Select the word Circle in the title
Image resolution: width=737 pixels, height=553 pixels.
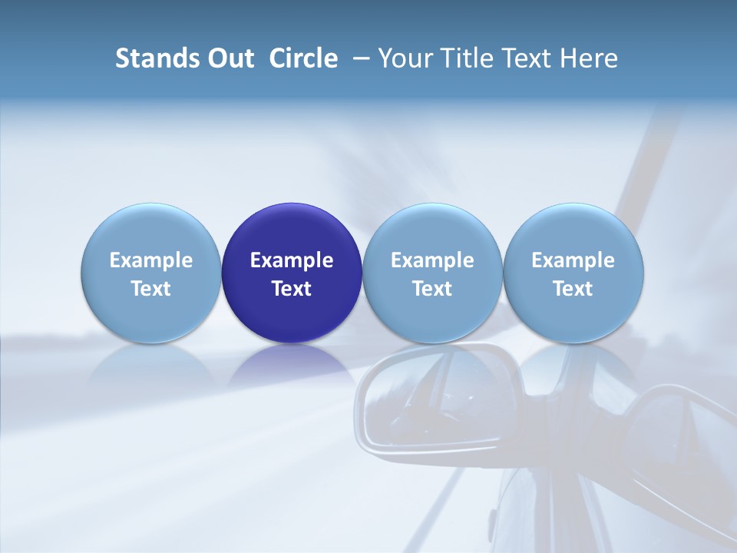pyautogui.click(x=303, y=58)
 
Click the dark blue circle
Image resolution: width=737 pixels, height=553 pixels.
pyautogui.click(x=292, y=230)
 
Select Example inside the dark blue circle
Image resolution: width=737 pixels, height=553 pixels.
pyautogui.click(x=292, y=260)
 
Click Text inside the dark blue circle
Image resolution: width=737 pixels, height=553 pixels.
pyautogui.click(x=292, y=289)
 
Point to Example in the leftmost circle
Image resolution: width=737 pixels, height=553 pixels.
pyautogui.click(x=151, y=260)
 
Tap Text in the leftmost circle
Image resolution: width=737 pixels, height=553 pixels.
pyautogui.click(x=151, y=289)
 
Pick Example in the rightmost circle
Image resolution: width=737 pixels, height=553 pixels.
pyautogui.click(x=573, y=260)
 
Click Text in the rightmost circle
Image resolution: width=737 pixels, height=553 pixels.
pyautogui.click(x=573, y=289)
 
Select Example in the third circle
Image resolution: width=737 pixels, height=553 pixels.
pyautogui.click(x=432, y=260)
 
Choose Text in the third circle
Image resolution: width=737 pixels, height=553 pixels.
pyautogui.click(x=432, y=289)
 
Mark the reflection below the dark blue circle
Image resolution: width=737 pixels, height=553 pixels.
pyautogui.click(x=292, y=365)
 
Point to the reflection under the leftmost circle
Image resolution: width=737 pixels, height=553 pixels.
pyautogui.click(x=151, y=365)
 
